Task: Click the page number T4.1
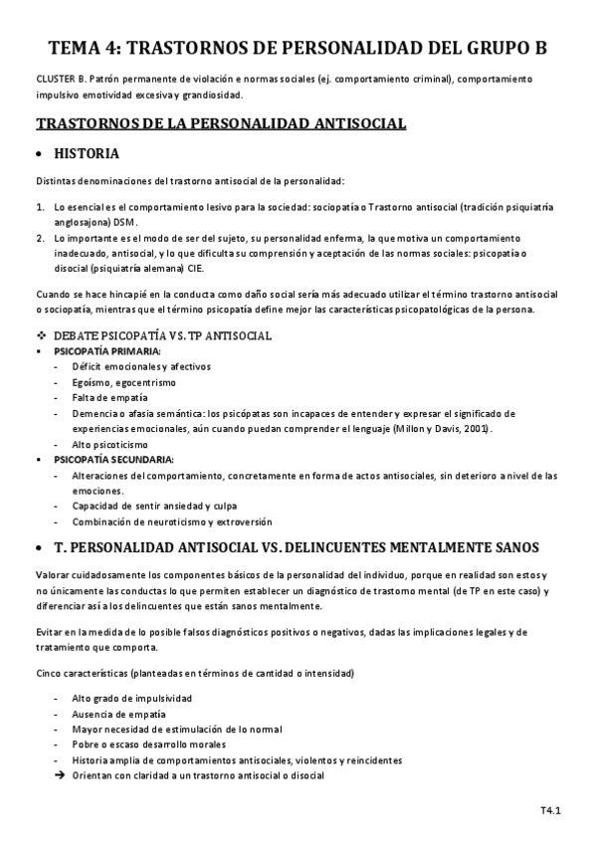pyautogui.click(x=551, y=811)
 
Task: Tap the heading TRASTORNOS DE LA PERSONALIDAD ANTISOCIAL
pyautogui.click(x=220, y=124)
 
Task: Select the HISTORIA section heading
pyautogui.click(x=87, y=154)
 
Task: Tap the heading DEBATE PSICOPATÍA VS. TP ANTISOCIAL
pyautogui.click(x=162, y=336)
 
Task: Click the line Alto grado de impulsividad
pyautogui.click(x=132, y=699)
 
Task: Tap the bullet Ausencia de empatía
pyautogui.click(x=118, y=714)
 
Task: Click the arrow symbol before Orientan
pyautogui.click(x=58, y=774)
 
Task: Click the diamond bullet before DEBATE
pyautogui.click(x=41, y=336)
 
